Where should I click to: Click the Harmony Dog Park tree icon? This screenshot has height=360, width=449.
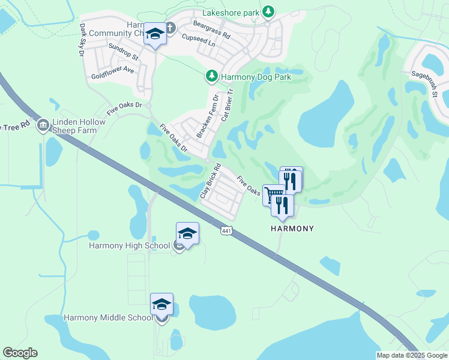(211, 76)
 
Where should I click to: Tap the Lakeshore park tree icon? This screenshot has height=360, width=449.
(270, 11)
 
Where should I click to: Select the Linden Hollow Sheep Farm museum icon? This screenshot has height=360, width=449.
(43, 125)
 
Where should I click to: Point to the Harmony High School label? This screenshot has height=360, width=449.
(130, 245)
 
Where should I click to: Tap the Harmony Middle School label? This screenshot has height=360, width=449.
(108, 317)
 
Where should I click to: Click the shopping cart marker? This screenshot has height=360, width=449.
(273, 195)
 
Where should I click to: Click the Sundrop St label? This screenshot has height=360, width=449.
(123, 52)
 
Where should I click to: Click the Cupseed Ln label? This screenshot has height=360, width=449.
(199, 40)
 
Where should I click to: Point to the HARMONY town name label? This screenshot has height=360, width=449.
(292, 229)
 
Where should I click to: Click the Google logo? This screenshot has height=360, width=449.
(20, 353)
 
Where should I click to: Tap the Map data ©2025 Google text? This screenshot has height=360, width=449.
(412, 355)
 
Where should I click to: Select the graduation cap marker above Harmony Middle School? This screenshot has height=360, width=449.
(161, 304)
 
